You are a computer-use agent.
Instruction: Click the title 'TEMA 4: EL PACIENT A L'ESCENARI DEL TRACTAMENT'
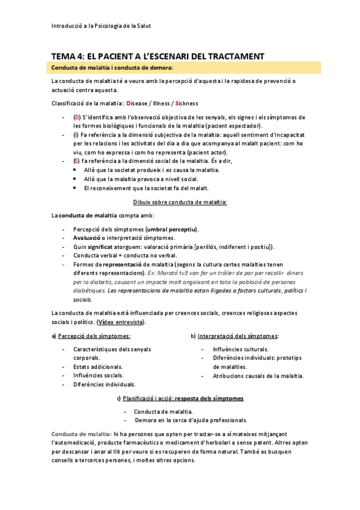click(x=158, y=56)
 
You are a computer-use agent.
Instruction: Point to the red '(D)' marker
click(x=77, y=117)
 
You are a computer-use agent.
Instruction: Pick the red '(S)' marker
click(x=76, y=162)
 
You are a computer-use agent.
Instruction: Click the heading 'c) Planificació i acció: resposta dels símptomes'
click(x=180, y=398)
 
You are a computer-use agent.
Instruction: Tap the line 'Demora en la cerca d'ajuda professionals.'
click(x=191, y=420)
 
